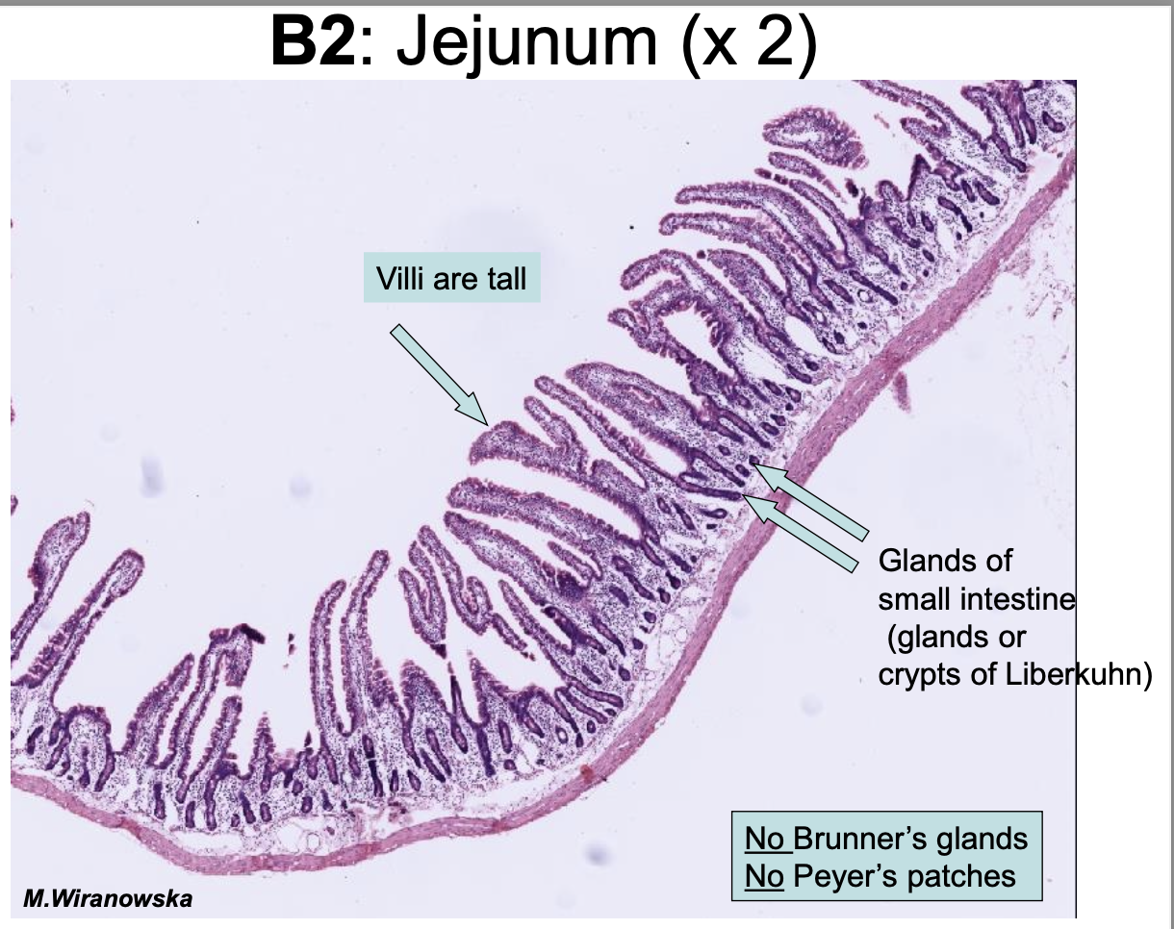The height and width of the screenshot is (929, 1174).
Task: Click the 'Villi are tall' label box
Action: [451, 279]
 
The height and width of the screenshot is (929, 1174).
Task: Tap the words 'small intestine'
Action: [976, 600]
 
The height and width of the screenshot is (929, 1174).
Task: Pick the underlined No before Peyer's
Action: [765, 876]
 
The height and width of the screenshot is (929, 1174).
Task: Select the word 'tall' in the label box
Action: [505, 279]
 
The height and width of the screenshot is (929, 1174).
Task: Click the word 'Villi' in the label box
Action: [401, 279]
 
